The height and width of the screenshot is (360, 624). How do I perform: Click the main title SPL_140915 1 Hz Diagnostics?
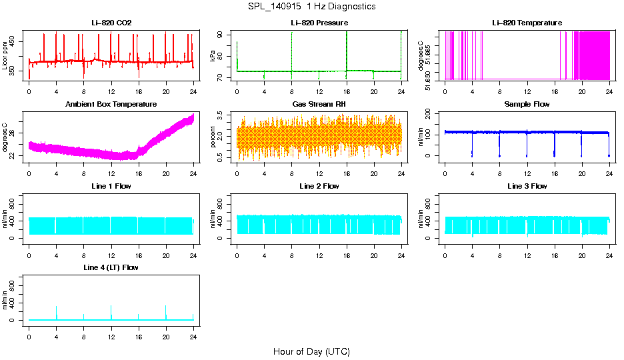point(311,7)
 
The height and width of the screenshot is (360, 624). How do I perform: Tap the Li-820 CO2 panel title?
point(111,23)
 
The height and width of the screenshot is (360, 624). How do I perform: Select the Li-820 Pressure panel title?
point(319,23)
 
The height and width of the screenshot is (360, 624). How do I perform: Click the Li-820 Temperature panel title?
point(527,23)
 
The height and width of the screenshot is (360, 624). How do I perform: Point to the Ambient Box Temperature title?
point(111,105)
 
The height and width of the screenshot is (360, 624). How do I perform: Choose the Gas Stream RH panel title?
point(319,105)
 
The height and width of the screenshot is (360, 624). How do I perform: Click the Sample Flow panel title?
point(527,105)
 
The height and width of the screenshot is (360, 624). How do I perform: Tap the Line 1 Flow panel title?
point(111,186)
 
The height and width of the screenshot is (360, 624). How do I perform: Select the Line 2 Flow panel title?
point(319,186)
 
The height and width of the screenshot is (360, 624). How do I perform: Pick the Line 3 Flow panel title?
point(527,186)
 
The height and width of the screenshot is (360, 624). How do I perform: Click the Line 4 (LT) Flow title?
point(111,267)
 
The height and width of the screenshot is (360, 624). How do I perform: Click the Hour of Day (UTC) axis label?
point(311,351)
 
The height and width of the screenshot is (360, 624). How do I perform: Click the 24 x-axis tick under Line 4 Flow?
point(193,331)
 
